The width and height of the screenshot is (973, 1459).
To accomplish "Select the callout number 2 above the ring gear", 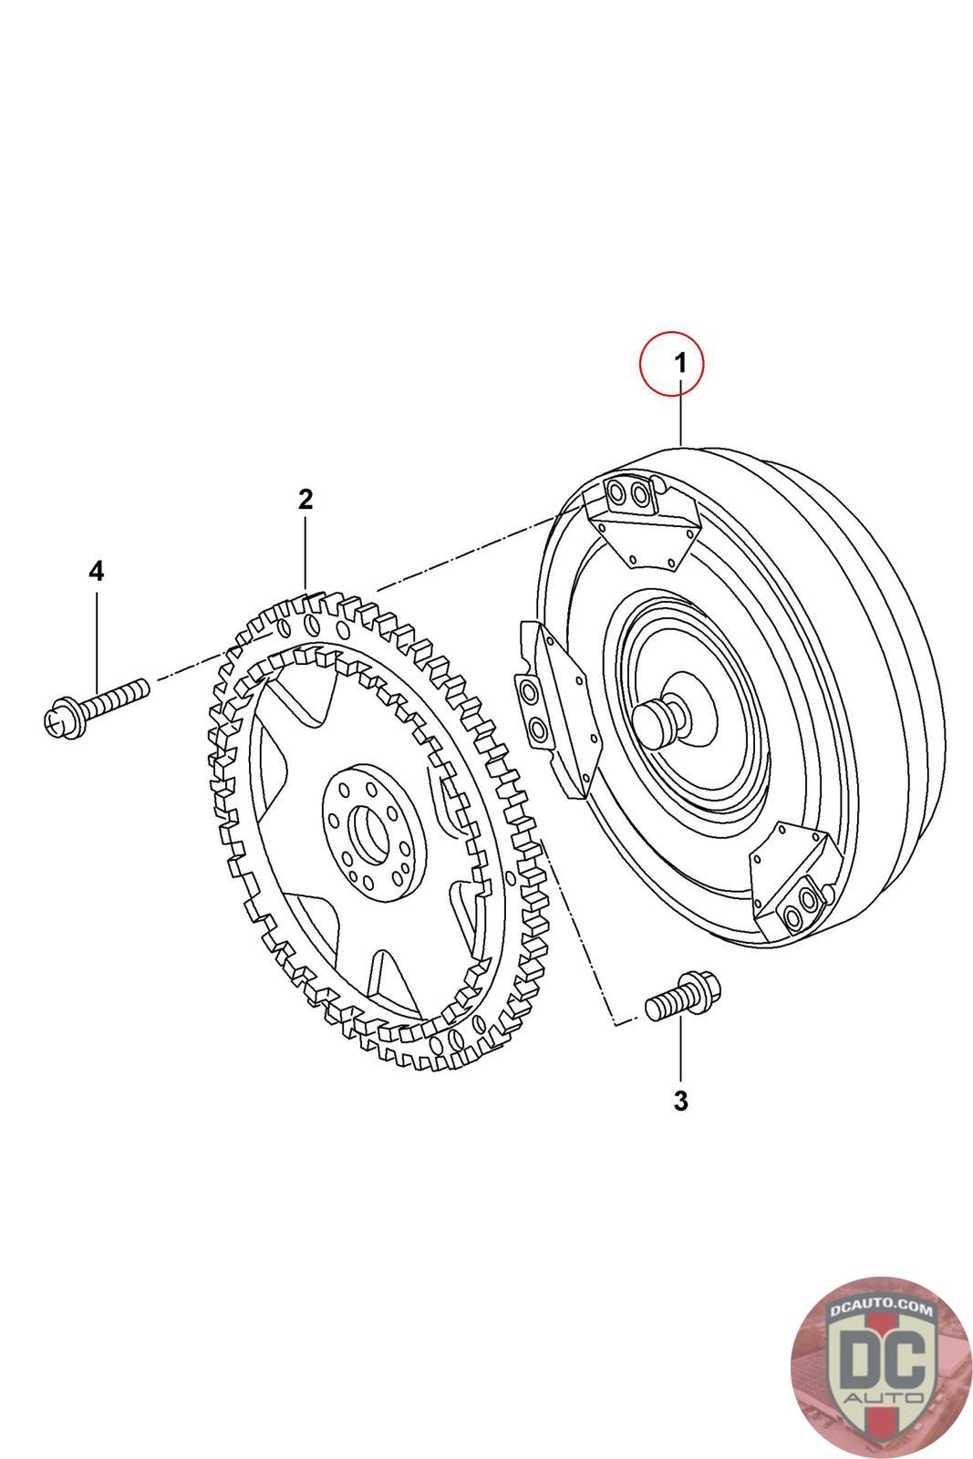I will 305,499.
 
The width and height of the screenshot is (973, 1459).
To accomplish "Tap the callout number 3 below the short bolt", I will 680,1101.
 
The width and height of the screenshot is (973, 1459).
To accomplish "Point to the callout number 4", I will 96,572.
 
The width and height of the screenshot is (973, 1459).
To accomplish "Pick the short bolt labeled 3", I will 683,997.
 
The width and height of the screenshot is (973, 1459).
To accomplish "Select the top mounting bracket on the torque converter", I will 644,522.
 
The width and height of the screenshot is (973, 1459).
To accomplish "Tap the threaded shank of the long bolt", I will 114,694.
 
